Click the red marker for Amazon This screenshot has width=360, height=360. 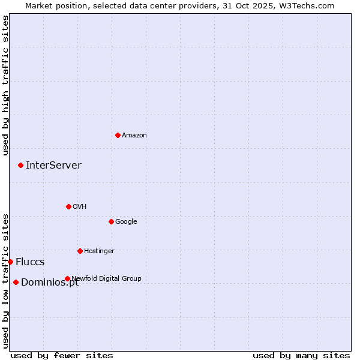tap(118, 135)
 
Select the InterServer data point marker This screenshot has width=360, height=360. tap(20, 165)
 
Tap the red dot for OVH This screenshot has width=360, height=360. tap(68, 206)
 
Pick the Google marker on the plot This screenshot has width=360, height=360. tap(111, 221)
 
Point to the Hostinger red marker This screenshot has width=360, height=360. tap(80, 251)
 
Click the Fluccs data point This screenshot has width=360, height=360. tap(10, 262)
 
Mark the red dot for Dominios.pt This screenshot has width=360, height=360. tap(16, 282)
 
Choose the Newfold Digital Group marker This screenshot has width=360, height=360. tap(67, 278)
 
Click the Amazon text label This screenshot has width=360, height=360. tap(134, 136)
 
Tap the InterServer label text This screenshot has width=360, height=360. tap(53, 166)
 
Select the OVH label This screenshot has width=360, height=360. tap(80, 207)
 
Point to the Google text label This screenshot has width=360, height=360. tap(126, 222)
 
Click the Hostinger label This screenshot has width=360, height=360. tap(99, 251)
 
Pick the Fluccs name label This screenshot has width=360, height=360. tap(30, 262)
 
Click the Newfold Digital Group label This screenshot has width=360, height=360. tap(107, 278)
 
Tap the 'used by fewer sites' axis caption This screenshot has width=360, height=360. tap(62, 355)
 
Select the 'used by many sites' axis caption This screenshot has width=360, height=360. tap(301, 355)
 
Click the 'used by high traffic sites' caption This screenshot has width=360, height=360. tap(5, 85)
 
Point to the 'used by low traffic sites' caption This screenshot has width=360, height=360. tap(5, 280)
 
